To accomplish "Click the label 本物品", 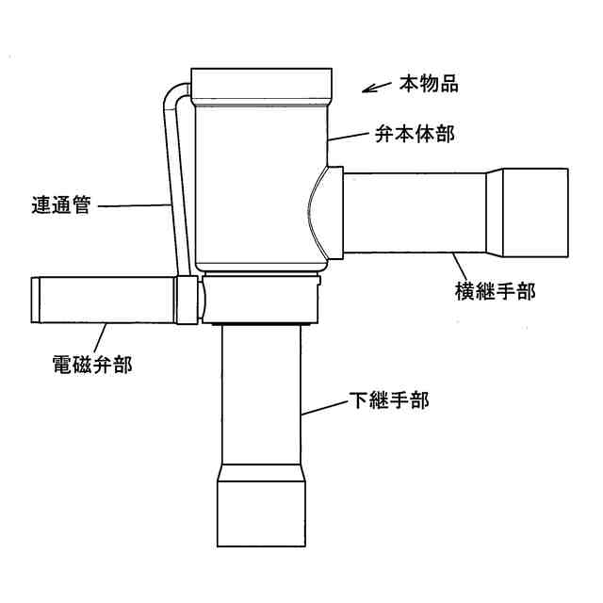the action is pyautogui.click(x=429, y=85).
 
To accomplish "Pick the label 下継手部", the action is pyautogui.click(x=389, y=401).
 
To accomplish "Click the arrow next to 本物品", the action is pyautogui.click(x=376, y=89).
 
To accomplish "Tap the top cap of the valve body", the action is pyautogui.click(x=261, y=86).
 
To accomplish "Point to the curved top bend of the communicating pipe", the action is pyautogui.click(x=173, y=94).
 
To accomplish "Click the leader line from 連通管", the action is pyautogui.click(x=133, y=205).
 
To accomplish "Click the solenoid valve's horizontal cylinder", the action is pyautogui.click(x=104, y=300).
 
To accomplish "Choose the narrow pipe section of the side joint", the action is pyautogui.click(x=416, y=212).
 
